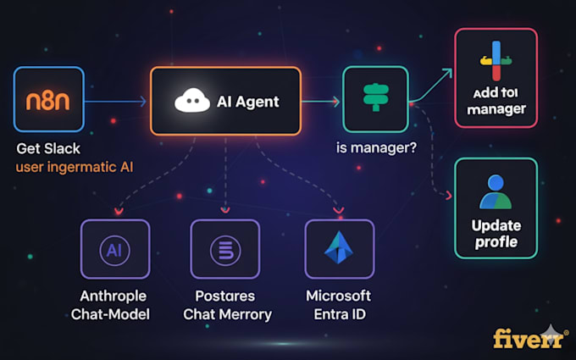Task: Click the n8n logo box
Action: click(49, 102)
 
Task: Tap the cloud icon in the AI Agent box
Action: click(192, 102)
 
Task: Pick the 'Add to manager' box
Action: click(496, 77)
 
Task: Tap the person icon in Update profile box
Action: click(496, 192)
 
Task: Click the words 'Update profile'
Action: click(496, 235)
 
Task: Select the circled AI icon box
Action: click(114, 249)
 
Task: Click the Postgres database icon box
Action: click(225, 249)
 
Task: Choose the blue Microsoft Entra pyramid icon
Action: click(339, 249)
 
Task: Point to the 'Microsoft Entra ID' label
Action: click(339, 305)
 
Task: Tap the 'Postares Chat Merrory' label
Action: click(227, 305)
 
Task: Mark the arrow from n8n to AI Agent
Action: click(117, 102)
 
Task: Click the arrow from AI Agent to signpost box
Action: click(321, 102)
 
